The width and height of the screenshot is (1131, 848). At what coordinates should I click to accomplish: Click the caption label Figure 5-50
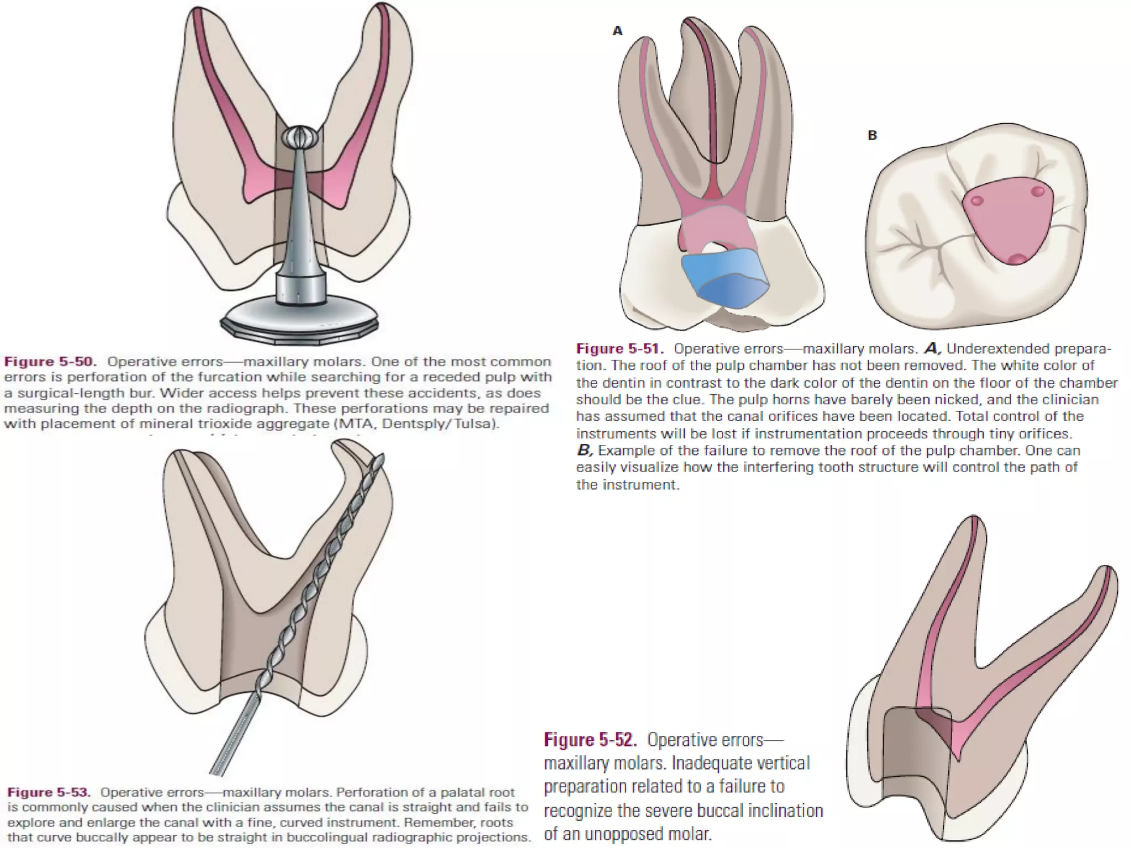pos(50,362)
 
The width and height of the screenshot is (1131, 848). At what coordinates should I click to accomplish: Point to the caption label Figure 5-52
pos(590,740)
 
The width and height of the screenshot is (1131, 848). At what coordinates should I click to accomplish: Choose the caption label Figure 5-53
pos(49,792)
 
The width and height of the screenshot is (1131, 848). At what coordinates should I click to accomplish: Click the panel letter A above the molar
pos(617,31)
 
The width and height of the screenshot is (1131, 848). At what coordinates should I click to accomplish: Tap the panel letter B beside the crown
pos(873,135)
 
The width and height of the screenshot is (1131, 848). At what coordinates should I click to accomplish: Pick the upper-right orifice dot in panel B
pos(1038,192)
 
